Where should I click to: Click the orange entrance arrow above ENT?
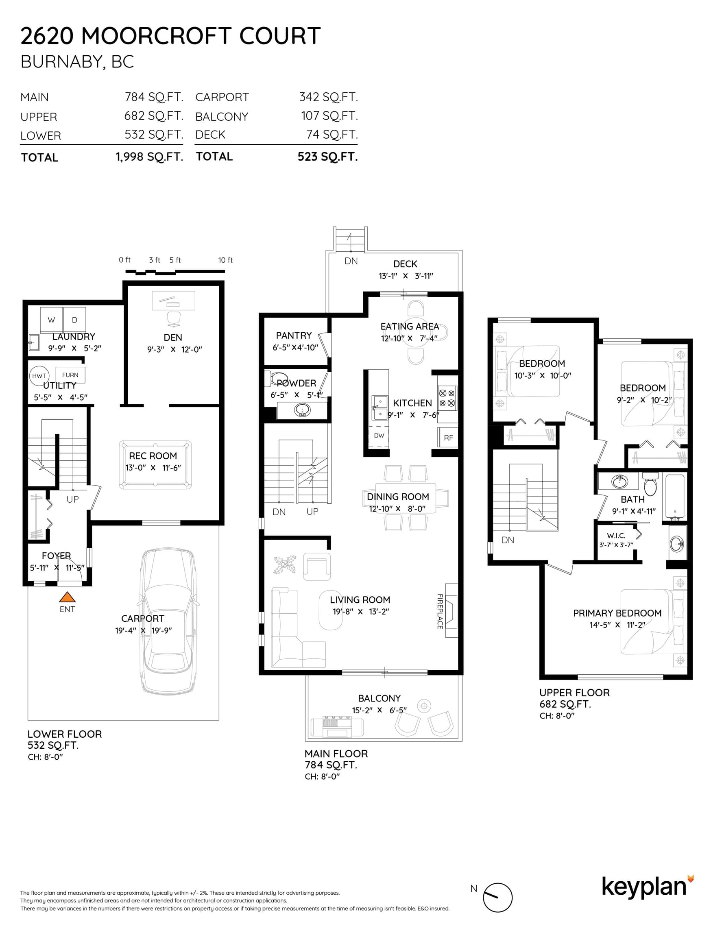67,597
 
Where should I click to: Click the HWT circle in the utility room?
39,376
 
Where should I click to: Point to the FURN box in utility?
70,375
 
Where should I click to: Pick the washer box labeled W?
52,320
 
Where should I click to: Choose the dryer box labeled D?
75,320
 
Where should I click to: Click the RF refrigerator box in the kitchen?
448,438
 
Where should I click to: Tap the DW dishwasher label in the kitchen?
379,436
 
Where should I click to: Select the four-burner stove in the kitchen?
447,398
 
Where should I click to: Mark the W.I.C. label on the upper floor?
616,536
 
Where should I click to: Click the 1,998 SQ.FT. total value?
149,157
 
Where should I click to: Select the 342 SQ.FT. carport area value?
328,97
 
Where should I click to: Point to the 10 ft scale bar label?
225,260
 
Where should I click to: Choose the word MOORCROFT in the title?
157,36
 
